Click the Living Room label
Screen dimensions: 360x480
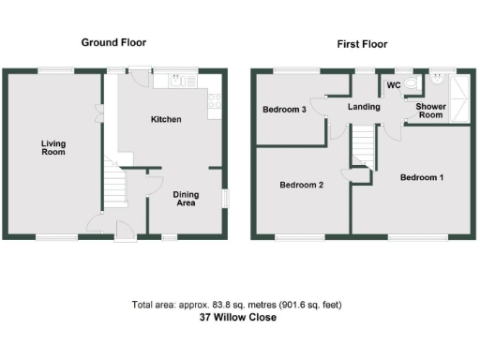click(x=52, y=148)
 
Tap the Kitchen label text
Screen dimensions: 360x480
click(x=167, y=119)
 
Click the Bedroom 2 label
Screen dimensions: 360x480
click(x=302, y=185)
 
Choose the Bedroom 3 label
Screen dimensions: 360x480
click(x=284, y=110)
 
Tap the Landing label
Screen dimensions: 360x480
click(x=364, y=107)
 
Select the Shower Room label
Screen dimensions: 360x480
click(x=430, y=111)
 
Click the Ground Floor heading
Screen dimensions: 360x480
click(x=113, y=42)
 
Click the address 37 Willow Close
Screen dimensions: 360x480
click(x=238, y=317)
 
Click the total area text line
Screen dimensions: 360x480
click(x=238, y=305)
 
